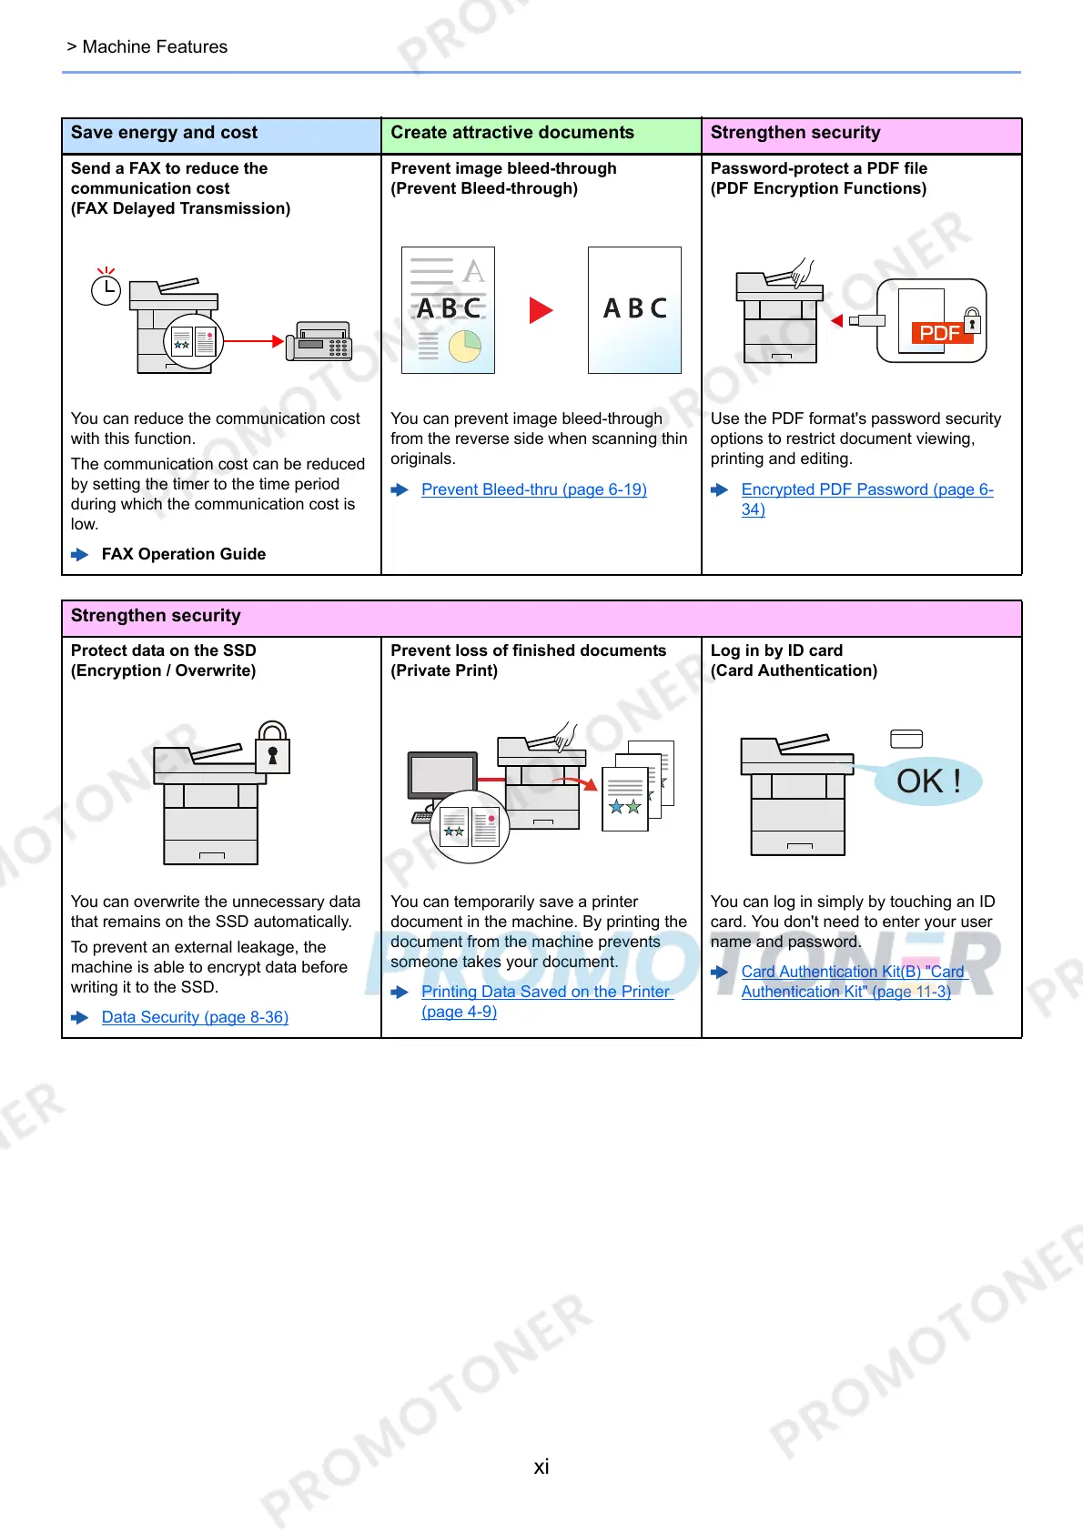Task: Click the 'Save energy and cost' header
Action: pyautogui.click(x=165, y=133)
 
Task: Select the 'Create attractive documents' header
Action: pyautogui.click(x=512, y=133)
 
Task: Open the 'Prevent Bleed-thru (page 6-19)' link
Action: pyautogui.click(x=533, y=489)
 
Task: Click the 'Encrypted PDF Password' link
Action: pyautogui.click(x=866, y=489)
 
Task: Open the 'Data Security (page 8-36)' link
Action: pyautogui.click(x=195, y=1017)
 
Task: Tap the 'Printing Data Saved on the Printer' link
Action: pyautogui.click(x=545, y=992)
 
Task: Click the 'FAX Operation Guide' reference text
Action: pyautogui.click(x=183, y=554)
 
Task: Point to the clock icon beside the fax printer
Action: pyautogui.click(x=106, y=289)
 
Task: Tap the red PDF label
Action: pyautogui.click(x=939, y=333)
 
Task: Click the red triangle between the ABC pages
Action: pyautogui.click(x=541, y=310)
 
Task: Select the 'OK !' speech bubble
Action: pyautogui.click(x=928, y=781)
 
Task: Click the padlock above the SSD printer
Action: pyautogui.click(x=272, y=750)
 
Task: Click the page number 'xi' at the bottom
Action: pyautogui.click(x=541, y=1466)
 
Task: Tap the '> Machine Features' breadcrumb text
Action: pyautogui.click(x=147, y=47)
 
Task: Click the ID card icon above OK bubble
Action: pyautogui.click(x=906, y=739)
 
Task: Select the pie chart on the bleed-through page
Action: pyautogui.click(x=465, y=346)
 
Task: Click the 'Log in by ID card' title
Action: pyautogui.click(x=776, y=650)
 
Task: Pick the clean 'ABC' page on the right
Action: pyautogui.click(x=634, y=310)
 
